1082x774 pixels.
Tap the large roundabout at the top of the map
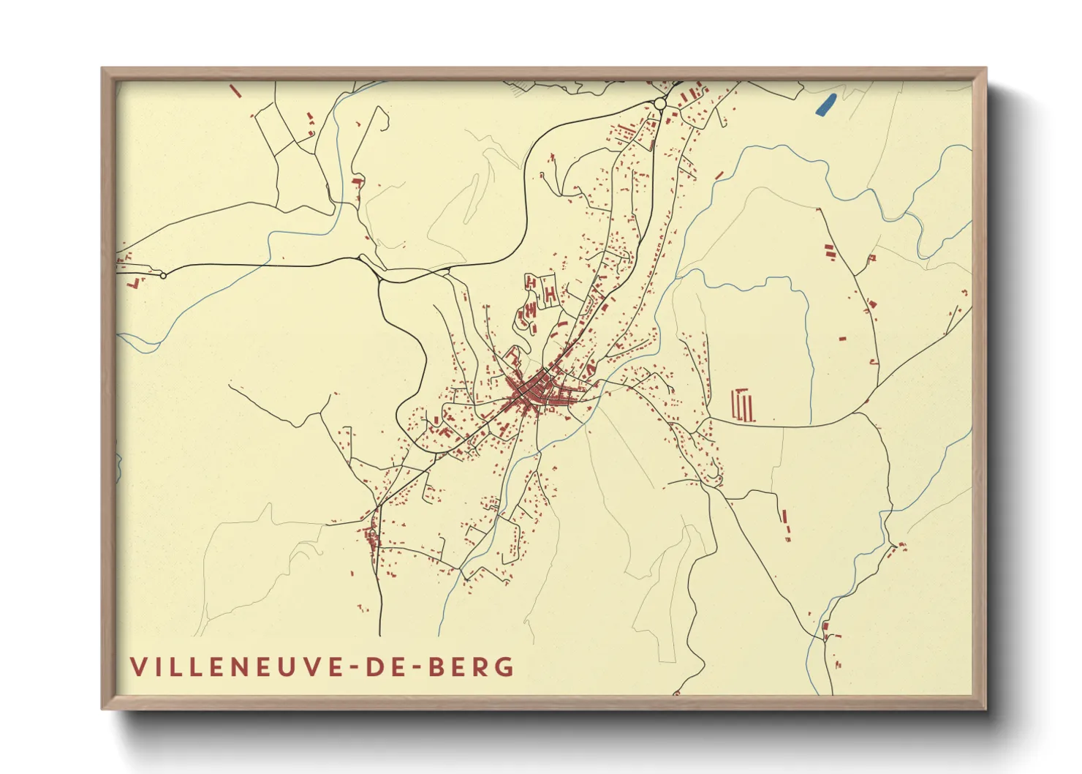pyautogui.click(x=660, y=104)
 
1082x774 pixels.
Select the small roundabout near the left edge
pyautogui.click(x=163, y=276)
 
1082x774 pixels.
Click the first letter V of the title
pyautogui.click(x=138, y=667)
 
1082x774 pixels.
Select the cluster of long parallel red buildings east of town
pyautogui.click(x=743, y=406)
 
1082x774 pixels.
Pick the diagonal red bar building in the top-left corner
pyautogui.click(x=235, y=91)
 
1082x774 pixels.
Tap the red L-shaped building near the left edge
pyautogui.click(x=133, y=282)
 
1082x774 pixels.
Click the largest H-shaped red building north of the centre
pyautogui.click(x=550, y=293)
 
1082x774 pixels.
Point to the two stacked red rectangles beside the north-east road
pyautogui.click(x=830, y=252)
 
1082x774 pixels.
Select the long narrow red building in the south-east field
pyautogui.click(x=784, y=516)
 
